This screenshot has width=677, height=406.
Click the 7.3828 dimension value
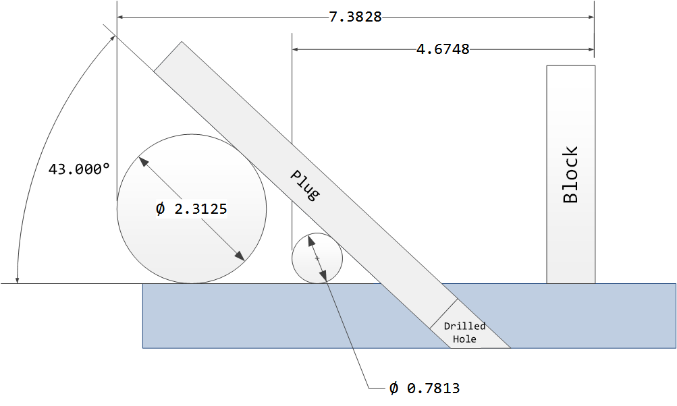pos(355,17)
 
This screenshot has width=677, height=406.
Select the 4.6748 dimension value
pos(443,49)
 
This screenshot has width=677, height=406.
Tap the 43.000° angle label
pos(78,169)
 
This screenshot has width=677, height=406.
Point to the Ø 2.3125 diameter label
pos(191,209)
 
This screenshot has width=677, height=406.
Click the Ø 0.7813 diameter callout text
pos(425,388)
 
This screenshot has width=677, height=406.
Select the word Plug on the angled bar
pos(304,185)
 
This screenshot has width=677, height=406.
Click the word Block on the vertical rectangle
pos(570,175)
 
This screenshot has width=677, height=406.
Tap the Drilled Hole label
pos(464,332)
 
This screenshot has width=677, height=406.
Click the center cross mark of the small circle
pos(317,258)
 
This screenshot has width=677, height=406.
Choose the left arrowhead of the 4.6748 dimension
pos(296,49)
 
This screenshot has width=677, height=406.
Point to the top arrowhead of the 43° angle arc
pos(111,39)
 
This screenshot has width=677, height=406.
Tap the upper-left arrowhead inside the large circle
pos(142,161)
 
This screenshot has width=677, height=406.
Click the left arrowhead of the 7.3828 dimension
pos(121,17)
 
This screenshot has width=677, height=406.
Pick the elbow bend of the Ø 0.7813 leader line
pos(369,388)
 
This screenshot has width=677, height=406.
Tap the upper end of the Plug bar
pos(168,55)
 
